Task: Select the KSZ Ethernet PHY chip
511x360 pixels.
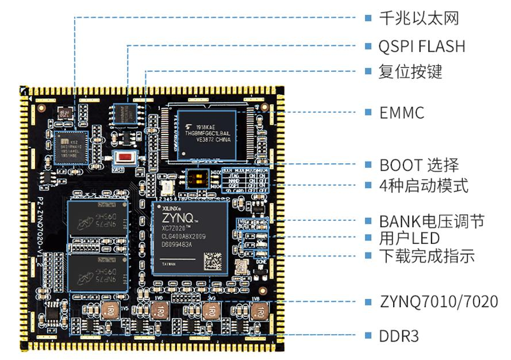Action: [71, 147]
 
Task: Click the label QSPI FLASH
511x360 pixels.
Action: [421, 46]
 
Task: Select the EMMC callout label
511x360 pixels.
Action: [401, 113]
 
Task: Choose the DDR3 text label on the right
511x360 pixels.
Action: [398, 336]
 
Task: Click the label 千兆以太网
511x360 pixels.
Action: [418, 18]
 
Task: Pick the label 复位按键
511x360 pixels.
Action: [410, 72]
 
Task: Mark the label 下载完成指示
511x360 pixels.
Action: [427, 256]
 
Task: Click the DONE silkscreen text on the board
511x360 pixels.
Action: [260, 263]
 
